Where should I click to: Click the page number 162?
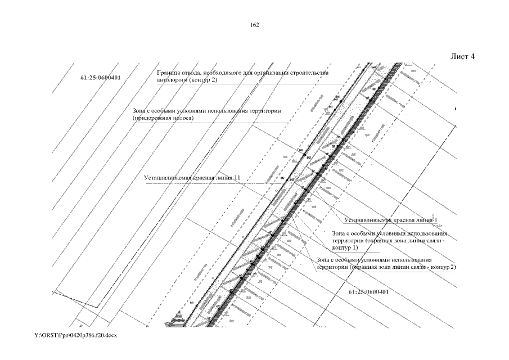tap(254, 25)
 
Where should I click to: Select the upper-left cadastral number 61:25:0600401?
tap(101, 76)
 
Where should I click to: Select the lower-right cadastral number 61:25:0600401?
tap(368, 292)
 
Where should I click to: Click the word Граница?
tap(169, 73)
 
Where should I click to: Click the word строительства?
tap(312, 73)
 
